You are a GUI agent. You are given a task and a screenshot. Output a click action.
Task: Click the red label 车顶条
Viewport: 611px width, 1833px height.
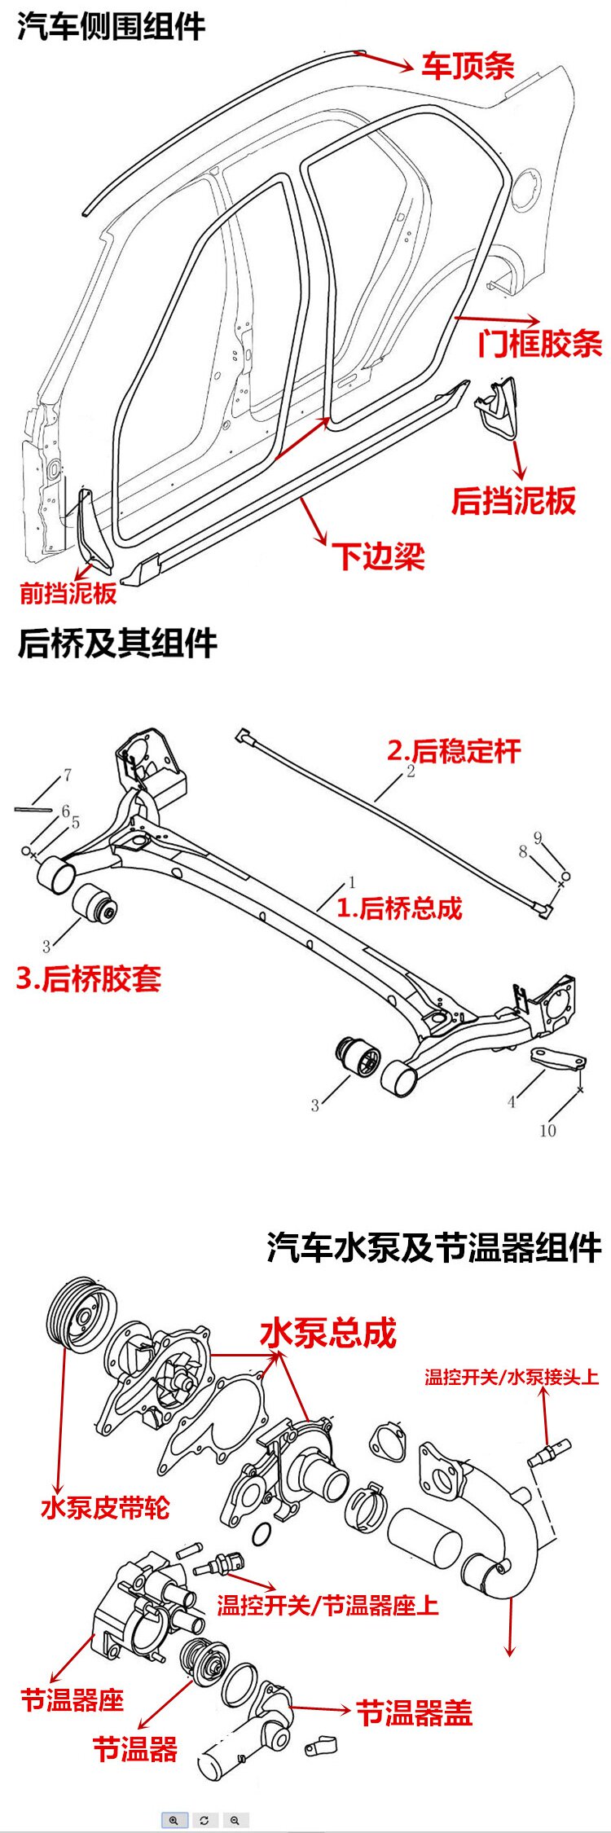pyautogui.click(x=468, y=66)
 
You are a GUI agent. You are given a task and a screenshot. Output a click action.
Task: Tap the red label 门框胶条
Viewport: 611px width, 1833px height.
pyautogui.click(x=540, y=343)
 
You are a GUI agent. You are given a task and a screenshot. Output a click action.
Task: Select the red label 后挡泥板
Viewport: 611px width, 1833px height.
pyautogui.click(x=513, y=500)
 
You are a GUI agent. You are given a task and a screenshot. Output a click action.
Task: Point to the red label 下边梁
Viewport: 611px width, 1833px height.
pyautogui.click(x=378, y=556)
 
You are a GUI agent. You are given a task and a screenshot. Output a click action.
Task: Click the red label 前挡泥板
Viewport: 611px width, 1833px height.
pyautogui.click(x=68, y=592)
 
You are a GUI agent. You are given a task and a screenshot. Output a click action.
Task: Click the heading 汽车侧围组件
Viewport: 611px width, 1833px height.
pyautogui.click(x=111, y=27)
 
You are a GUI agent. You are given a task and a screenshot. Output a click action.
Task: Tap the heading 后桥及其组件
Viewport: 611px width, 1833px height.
pyautogui.click(x=117, y=643)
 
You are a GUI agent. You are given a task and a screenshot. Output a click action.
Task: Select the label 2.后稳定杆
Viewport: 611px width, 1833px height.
pyautogui.click(x=454, y=750)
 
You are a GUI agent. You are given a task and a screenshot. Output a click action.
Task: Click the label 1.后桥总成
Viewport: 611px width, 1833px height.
pyautogui.click(x=399, y=908)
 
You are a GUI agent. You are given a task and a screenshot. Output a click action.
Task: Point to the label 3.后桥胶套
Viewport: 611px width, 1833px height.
pyautogui.click(x=89, y=978)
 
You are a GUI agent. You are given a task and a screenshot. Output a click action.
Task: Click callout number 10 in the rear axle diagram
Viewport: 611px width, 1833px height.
pyautogui.click(x=547, y=1130)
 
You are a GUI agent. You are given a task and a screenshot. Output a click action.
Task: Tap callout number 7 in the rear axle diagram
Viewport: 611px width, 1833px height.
pyautogui.click(x=68, y=775)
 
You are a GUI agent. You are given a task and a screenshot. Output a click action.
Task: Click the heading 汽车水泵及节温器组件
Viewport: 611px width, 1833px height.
pyautogui.click(x=433, y=1247)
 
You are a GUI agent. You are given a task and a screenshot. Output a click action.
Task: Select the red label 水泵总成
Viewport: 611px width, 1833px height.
pyautogui.click(x=327, y=1334)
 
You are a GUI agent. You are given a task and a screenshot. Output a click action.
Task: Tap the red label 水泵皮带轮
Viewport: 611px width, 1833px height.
pyautogui.click(x=105, y=1507)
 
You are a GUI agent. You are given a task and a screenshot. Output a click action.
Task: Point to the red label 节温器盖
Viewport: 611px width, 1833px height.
pyautogui.click(x=414, y=1712)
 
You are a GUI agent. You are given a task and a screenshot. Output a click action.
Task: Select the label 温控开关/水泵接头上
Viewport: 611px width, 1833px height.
pyautogui.click(x=511, y=1378)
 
